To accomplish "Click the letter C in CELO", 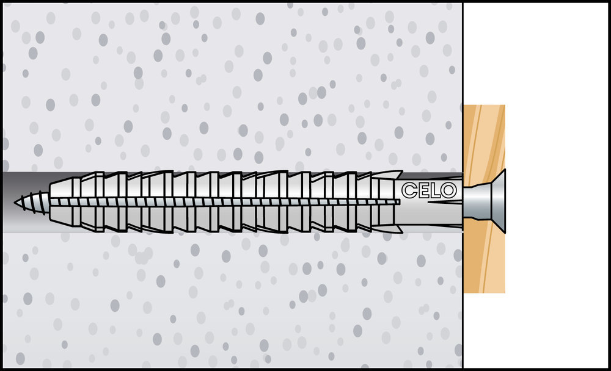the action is coord(409,190).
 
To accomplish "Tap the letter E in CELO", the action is coord(423,190).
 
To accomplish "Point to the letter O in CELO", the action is coord(448,190).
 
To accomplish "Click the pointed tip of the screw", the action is coord(15,203).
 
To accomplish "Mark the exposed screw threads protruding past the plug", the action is coord(32,203).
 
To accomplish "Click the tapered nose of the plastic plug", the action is coord(62,202).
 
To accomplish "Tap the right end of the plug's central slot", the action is coord(399,202).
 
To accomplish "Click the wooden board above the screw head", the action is coord(483,138).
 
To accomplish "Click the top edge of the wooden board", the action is coord(484,105).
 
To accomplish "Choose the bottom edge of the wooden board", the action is coord(484,292).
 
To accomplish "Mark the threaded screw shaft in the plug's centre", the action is coord(225,202).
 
